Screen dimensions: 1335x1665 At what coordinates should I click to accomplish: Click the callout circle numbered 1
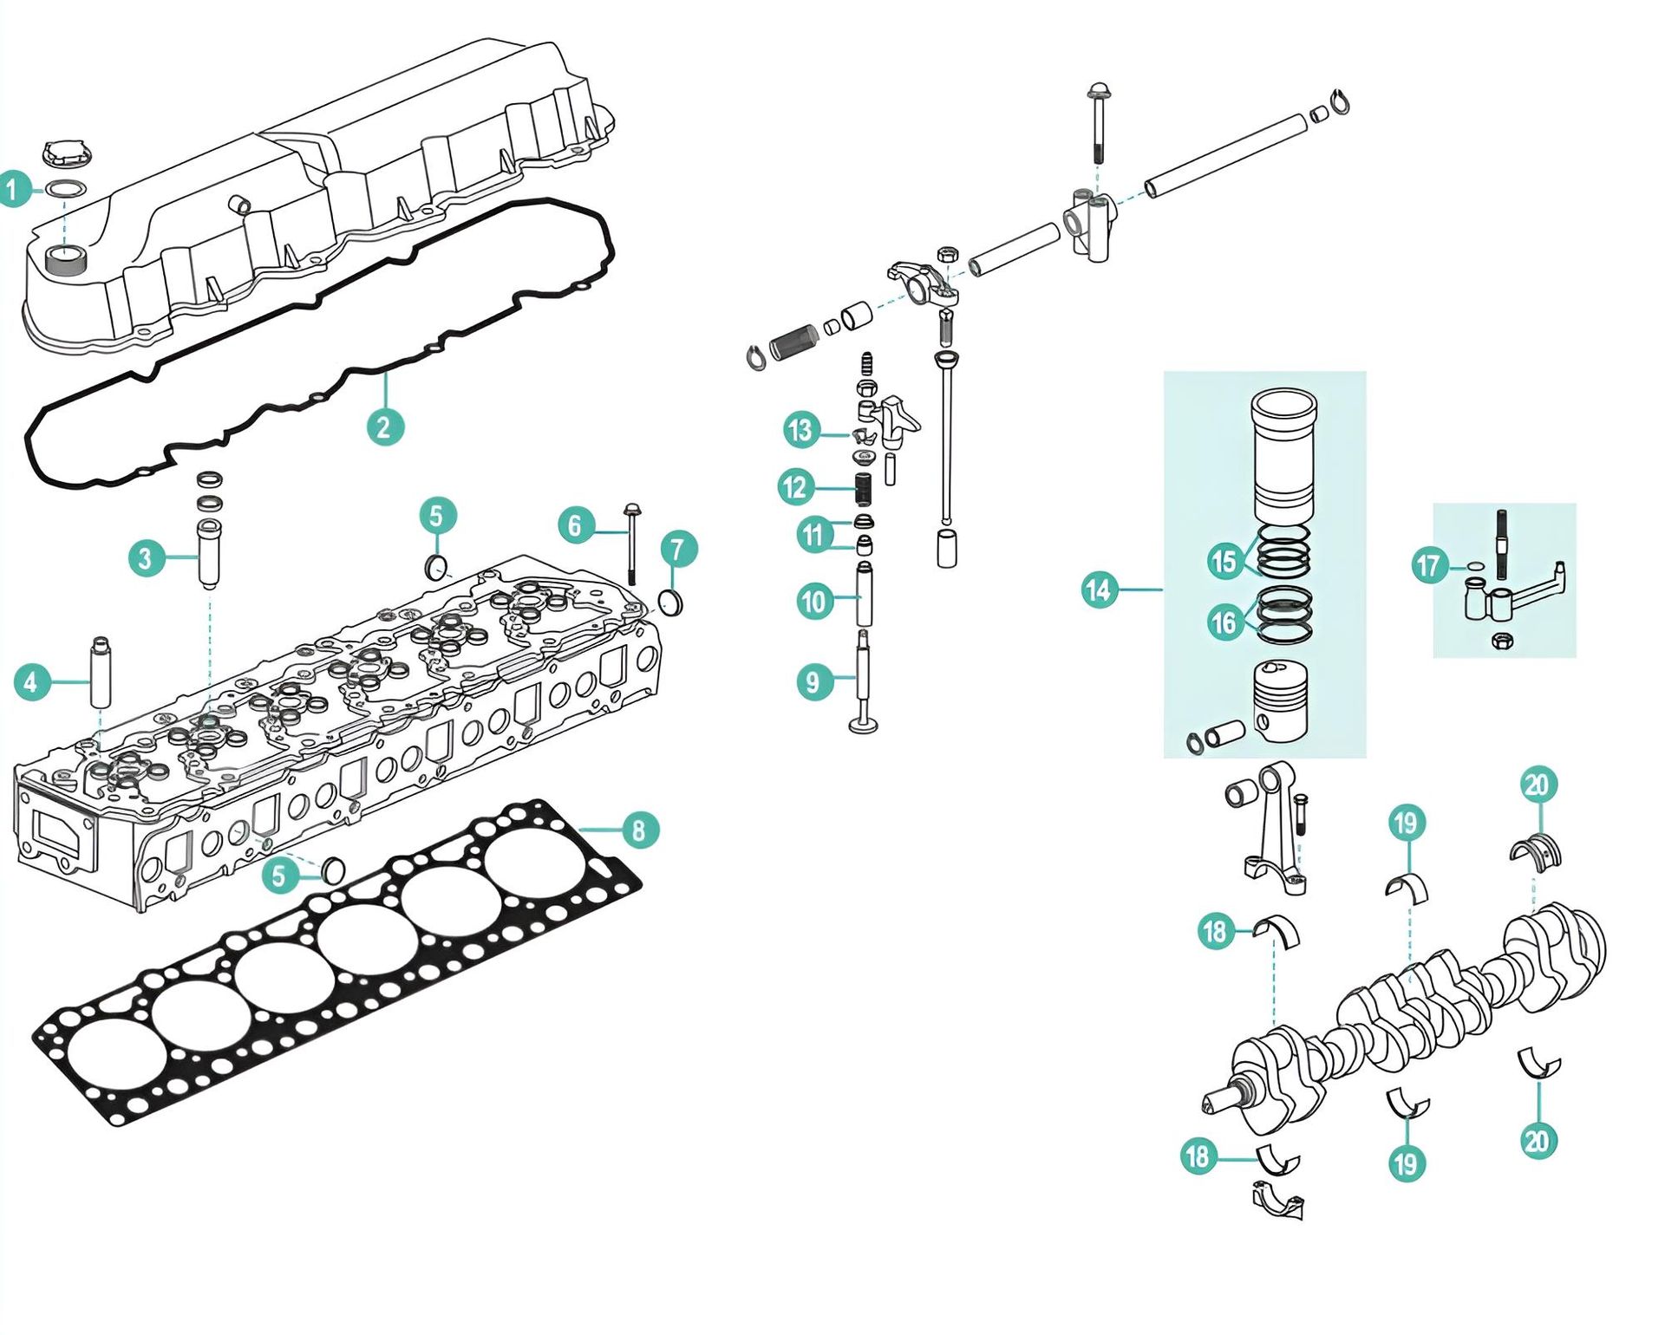click(x=14, y=189)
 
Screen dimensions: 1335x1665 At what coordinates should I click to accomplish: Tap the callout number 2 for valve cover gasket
click(x=384, y=427)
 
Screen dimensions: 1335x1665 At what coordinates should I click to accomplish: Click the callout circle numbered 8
click(x=639, y=830)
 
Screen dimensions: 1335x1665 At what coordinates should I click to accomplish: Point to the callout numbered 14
click(x=1099, y=590)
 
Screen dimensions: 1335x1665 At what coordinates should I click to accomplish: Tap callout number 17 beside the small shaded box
click(x=1428, y=566)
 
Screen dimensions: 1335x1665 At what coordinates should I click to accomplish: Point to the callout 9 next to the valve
click(x=813, y=681)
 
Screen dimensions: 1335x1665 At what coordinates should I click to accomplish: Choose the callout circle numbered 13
click(x=800, y=430)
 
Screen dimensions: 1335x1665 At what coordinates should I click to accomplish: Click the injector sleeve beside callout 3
click(x=209, y=552)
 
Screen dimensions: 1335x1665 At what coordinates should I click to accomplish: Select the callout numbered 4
click(x=31, y=681)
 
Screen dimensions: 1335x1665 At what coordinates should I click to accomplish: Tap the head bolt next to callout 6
click(x=631, y=546)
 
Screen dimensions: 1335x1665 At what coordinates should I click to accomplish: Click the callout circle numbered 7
click(x=678, y=549)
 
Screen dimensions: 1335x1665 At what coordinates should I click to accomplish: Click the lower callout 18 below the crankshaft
click(x=1198, y=1156)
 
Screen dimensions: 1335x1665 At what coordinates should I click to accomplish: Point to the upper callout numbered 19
click(x=1406, y=823)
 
